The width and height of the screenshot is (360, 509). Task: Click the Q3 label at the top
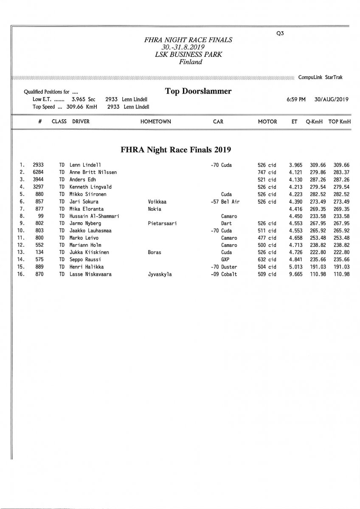pyautogui.click(x=280, y=34)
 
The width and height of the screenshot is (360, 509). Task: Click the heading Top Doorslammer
pyautogui.click(x=198, y=91)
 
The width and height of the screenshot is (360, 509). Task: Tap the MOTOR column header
pyautogui.click(x=267, y=122)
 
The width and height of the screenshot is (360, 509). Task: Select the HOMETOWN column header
pyautogui.click(x=156, y=122)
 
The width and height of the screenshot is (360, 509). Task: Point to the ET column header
pyautogui.click(x=294, y=122)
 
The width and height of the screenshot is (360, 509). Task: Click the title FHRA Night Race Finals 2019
pyautogui.click(x=175, y=150)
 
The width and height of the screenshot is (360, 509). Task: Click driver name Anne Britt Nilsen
pyautogui.click(x=93, y=172)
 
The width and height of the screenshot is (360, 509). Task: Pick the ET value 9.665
pyautogui.click(x=295, y=274)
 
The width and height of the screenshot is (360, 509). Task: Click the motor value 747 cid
pyautogui.click(x=267, y=172)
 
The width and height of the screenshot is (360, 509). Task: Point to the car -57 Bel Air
pyautogui.click(x=225, y=201)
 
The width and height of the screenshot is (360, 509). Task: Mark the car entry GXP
pyautogui.click(x=225, y=260)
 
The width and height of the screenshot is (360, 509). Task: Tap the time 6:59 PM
pyautogui.click(x=296, y=99)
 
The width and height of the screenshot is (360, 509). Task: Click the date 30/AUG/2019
pyautogui.click(x=332, y=99)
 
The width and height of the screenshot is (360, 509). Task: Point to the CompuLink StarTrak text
pyautogui.click(x=321, y=78)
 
